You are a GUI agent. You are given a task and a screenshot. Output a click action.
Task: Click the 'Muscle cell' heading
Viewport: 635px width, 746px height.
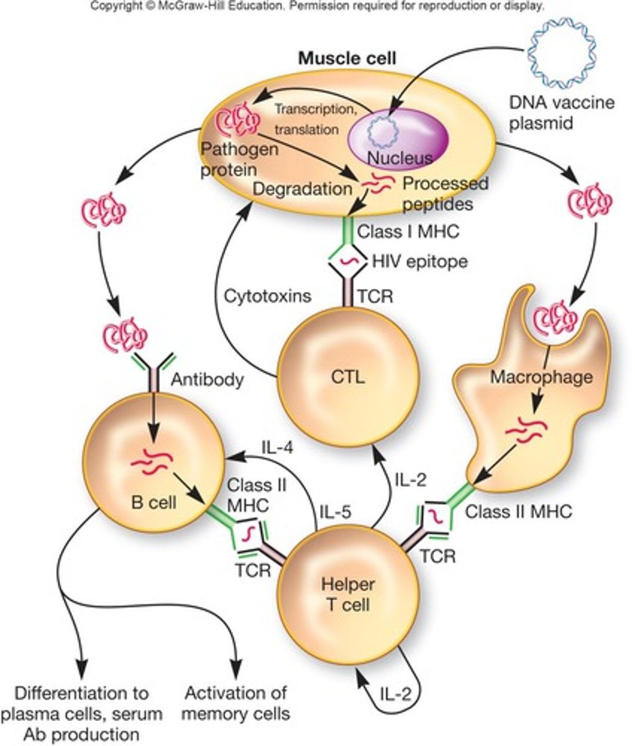(347, 58)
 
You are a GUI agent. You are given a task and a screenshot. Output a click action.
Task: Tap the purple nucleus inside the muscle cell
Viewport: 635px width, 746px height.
(398, 140)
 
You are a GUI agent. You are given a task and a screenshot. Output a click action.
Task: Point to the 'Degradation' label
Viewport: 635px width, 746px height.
(303, 187)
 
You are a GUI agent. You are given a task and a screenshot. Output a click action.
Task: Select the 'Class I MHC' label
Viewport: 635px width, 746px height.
(408, 232)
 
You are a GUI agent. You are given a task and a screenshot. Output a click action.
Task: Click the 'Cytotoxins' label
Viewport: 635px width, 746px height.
(268, 295)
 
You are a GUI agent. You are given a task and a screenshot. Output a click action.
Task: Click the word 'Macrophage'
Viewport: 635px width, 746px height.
(532, 376)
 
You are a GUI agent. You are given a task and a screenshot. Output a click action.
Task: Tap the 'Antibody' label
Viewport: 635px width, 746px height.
(207, 379)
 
